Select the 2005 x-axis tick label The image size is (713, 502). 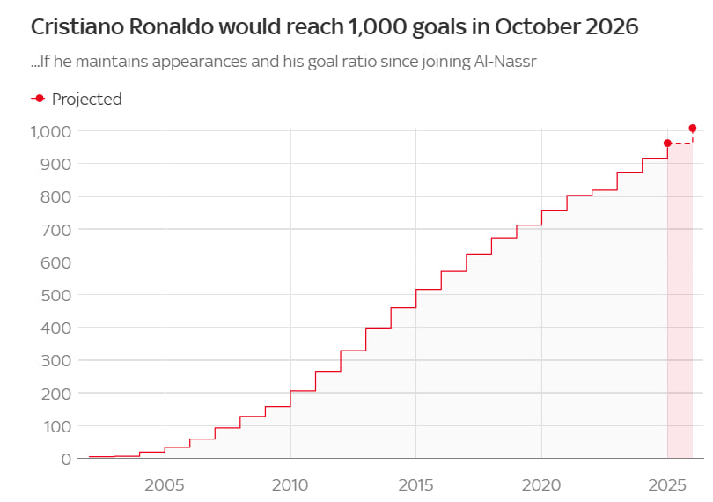click(165, 484)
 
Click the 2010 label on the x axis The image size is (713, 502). click(290, 484)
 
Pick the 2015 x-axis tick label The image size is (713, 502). click(415, 484)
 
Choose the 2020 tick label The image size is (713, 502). click(541, 484)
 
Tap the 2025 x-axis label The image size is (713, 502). click(666, 484)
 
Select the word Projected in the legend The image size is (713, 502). click(87, 100)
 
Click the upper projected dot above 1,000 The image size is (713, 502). click(693, 129)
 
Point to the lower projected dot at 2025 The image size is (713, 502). click(667, 143)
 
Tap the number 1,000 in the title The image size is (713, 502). click(355, 26)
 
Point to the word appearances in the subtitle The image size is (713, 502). click(209, 63)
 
